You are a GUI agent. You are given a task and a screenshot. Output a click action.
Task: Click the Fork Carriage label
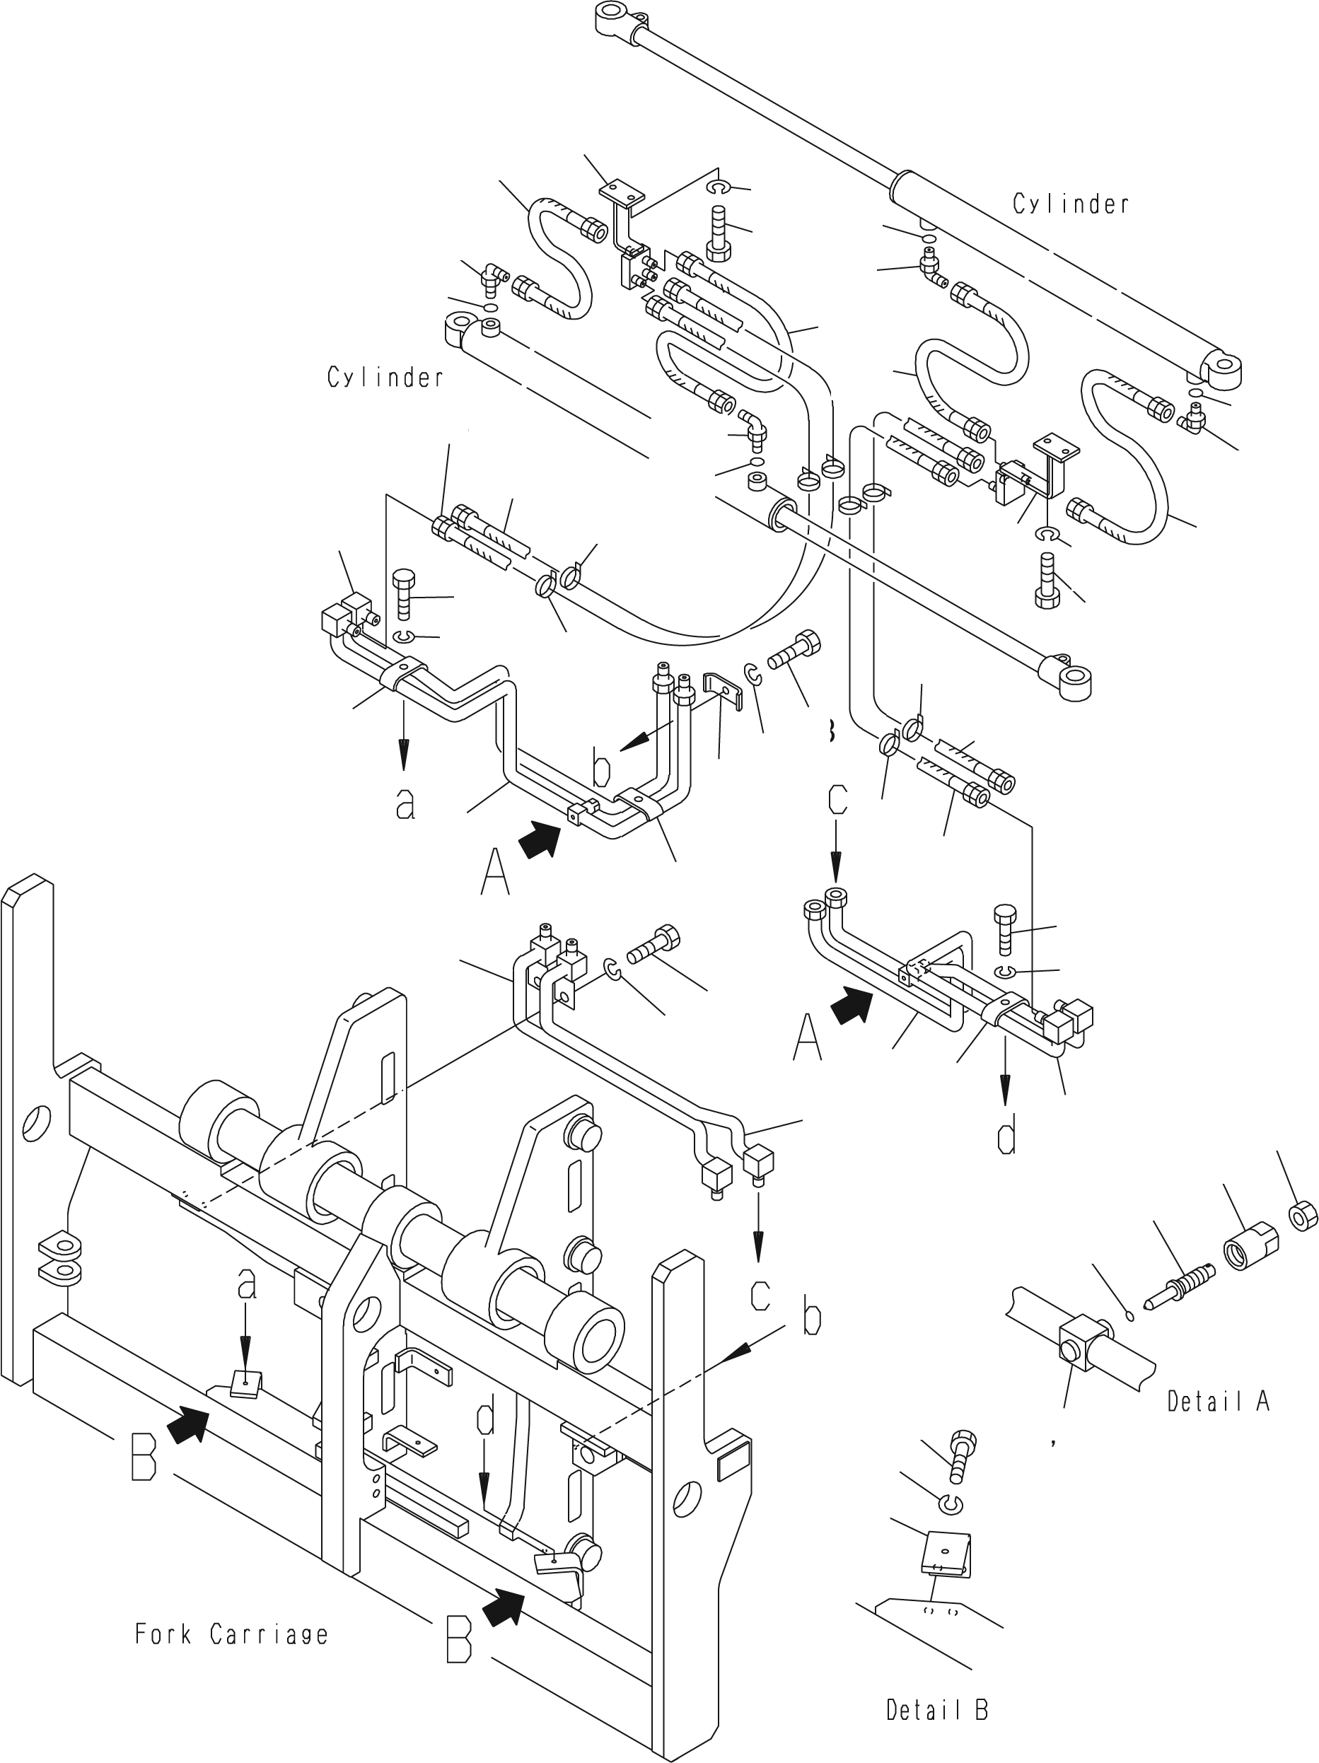pyautogui.click(x=231, y=1636)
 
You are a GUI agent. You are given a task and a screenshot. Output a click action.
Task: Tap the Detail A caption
pyautogui.click(x=1219, y=1400)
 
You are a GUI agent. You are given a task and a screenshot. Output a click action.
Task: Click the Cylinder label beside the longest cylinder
pyautogui.click(x=1071, y=204)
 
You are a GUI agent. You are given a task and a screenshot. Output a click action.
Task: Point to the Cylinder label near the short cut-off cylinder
pyautogui.click(x=385, y=377)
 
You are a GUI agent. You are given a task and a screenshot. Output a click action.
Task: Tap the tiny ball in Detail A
pyautogui.click(x=1129, y=1316)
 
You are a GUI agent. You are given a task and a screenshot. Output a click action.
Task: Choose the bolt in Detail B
pyautogui.click(x=961, y=1457)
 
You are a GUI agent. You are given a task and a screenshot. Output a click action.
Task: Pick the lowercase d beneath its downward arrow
pyautogui.click(x=1007, y=1135)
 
